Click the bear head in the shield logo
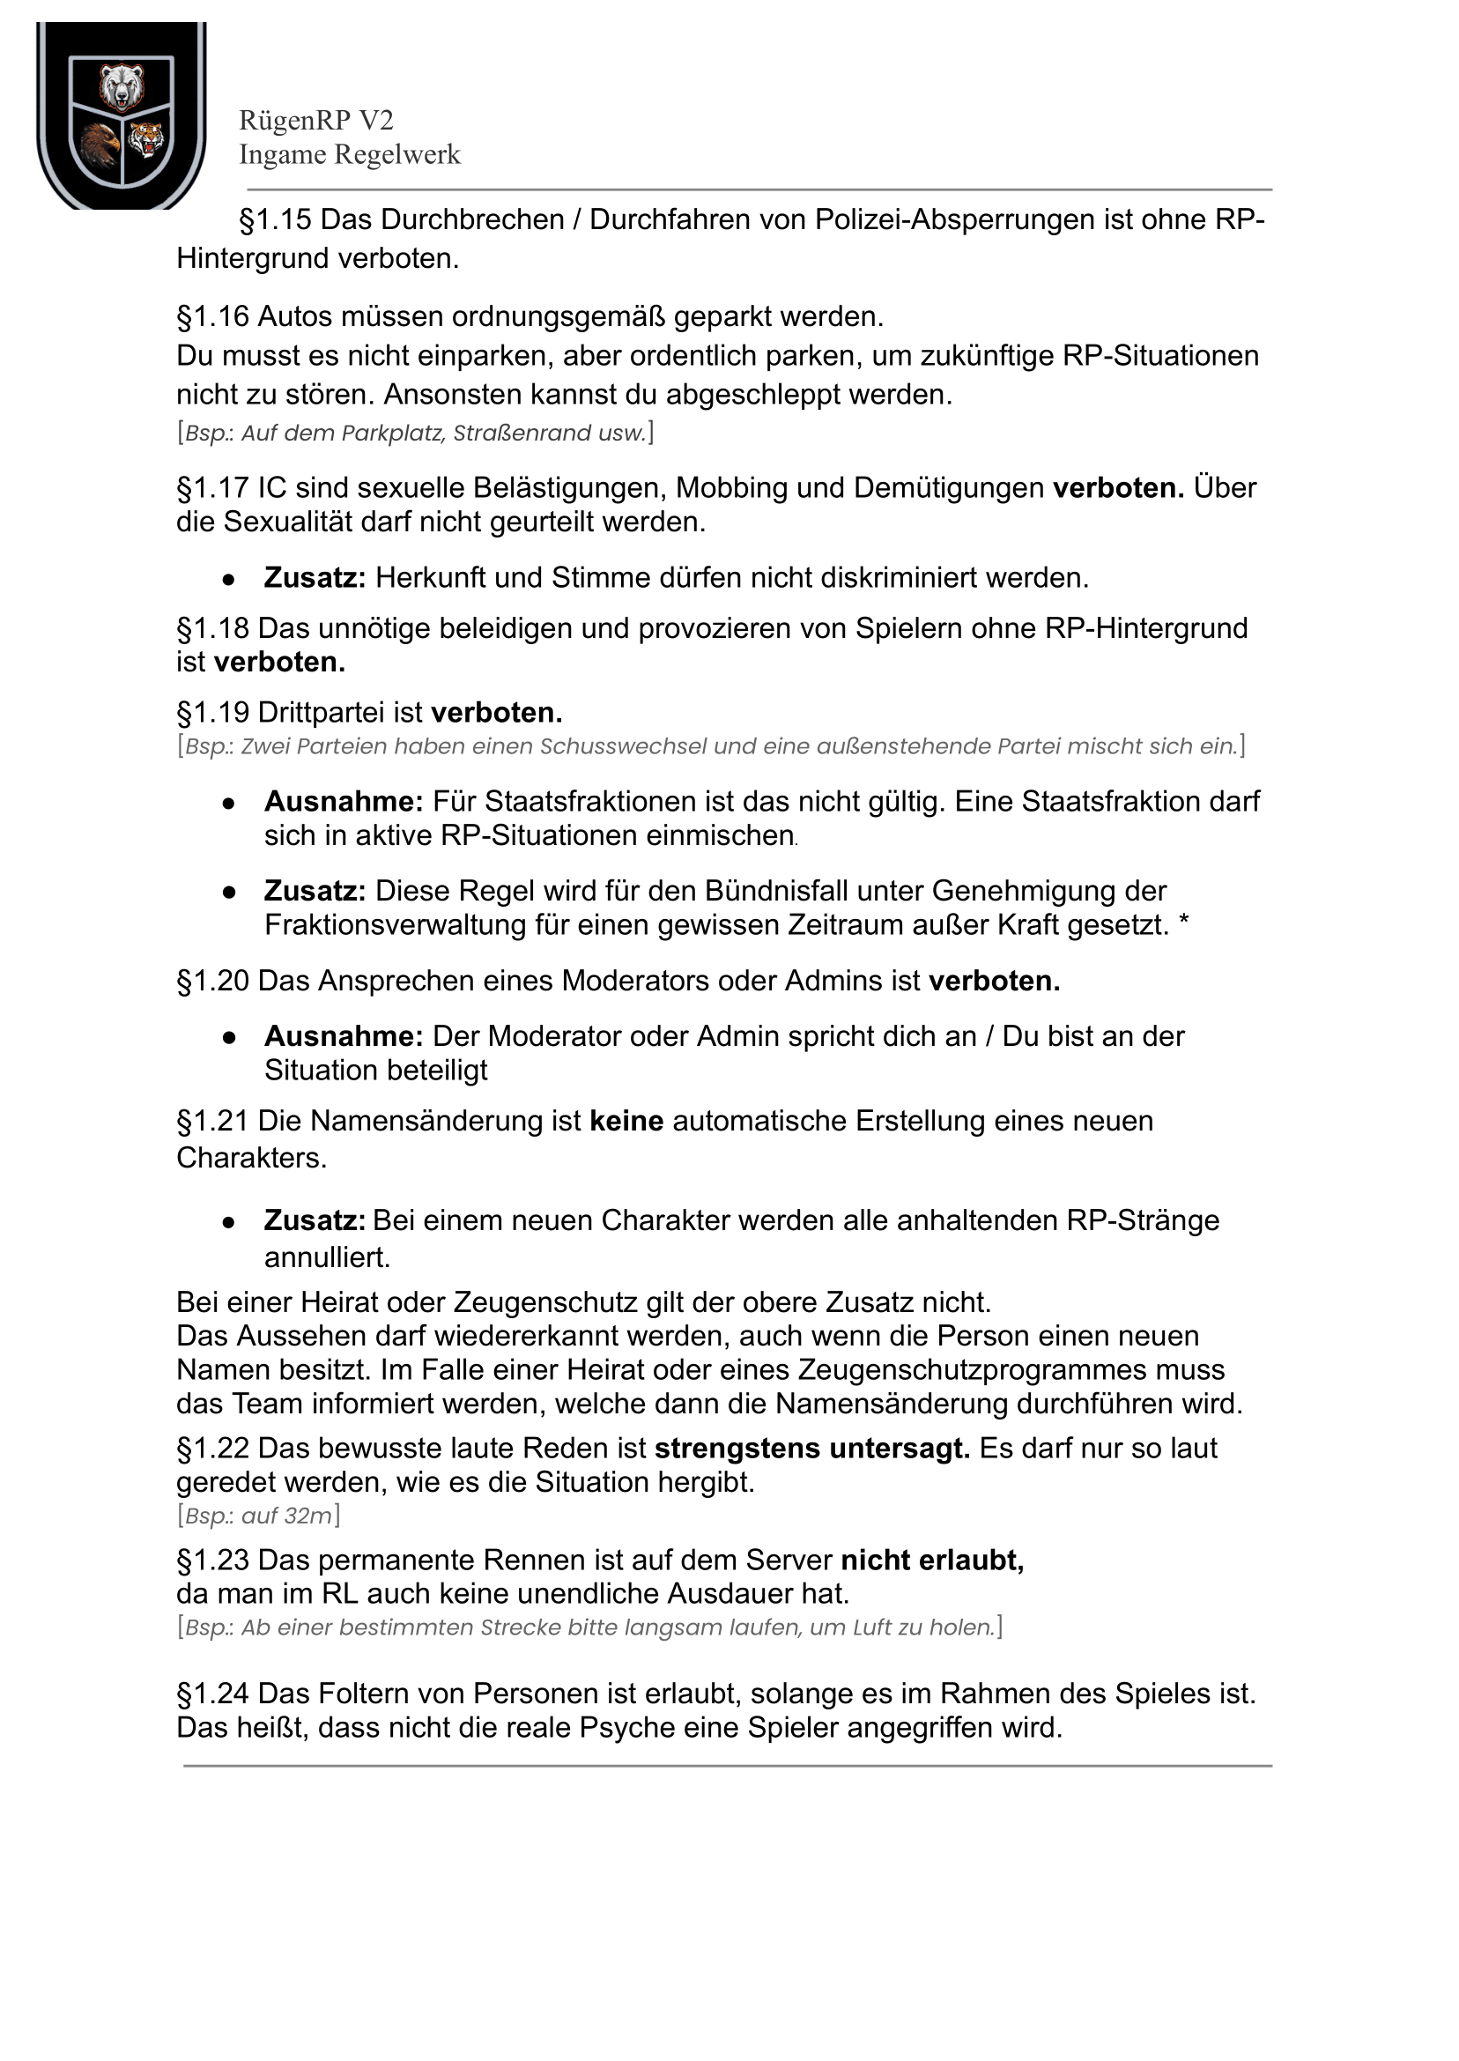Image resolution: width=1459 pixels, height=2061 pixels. [122, 86]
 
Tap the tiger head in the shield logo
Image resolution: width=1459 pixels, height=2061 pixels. [146, 140]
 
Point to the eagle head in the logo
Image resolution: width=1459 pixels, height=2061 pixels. [98, 144]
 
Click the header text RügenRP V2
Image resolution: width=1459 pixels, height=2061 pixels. [315, 121]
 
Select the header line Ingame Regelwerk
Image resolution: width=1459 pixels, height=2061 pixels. [350, 154]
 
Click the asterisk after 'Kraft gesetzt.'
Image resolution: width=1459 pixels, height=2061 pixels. [1183, 923]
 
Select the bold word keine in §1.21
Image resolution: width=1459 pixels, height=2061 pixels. [626, 1121]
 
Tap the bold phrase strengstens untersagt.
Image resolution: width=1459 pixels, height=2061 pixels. [812, 1449]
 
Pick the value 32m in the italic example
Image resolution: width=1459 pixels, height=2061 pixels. [308, 1516]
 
